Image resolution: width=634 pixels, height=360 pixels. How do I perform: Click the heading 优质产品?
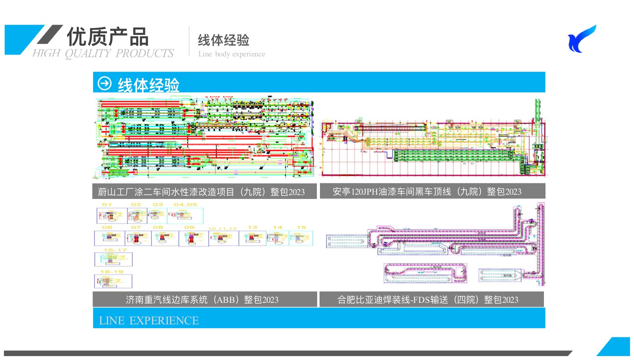click(108, 37)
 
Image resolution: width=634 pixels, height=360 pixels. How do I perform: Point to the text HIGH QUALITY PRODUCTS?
click(103, 53)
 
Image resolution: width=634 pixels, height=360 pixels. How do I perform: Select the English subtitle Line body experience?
click(231, 54)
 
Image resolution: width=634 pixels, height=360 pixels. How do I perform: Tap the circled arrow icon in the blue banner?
click(105, 83)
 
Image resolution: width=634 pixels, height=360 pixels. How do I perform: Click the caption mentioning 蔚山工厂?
click(201, 192)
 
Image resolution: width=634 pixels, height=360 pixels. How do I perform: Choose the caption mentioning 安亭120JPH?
click(427, 191)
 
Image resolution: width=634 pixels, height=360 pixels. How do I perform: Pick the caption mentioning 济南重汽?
click(202, 300)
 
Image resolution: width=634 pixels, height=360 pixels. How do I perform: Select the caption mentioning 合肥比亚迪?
click(428, 300)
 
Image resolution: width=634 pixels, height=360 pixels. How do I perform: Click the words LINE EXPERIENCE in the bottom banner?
click(149, 320)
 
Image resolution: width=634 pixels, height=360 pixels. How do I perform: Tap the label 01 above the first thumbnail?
click(107, 204)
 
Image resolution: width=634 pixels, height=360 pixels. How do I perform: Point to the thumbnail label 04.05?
click(185, 204)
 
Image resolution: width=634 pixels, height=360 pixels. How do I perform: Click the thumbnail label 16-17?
click(115, 250)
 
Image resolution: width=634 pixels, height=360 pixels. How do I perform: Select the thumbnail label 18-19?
click(112, 271)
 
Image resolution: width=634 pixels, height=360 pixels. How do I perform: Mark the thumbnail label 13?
click(252, 227)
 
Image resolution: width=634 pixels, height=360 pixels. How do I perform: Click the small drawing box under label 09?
click(193, 238)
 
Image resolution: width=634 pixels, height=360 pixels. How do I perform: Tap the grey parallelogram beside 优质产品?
click(50, 34)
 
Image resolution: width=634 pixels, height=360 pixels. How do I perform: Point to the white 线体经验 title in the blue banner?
click(149, 85)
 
